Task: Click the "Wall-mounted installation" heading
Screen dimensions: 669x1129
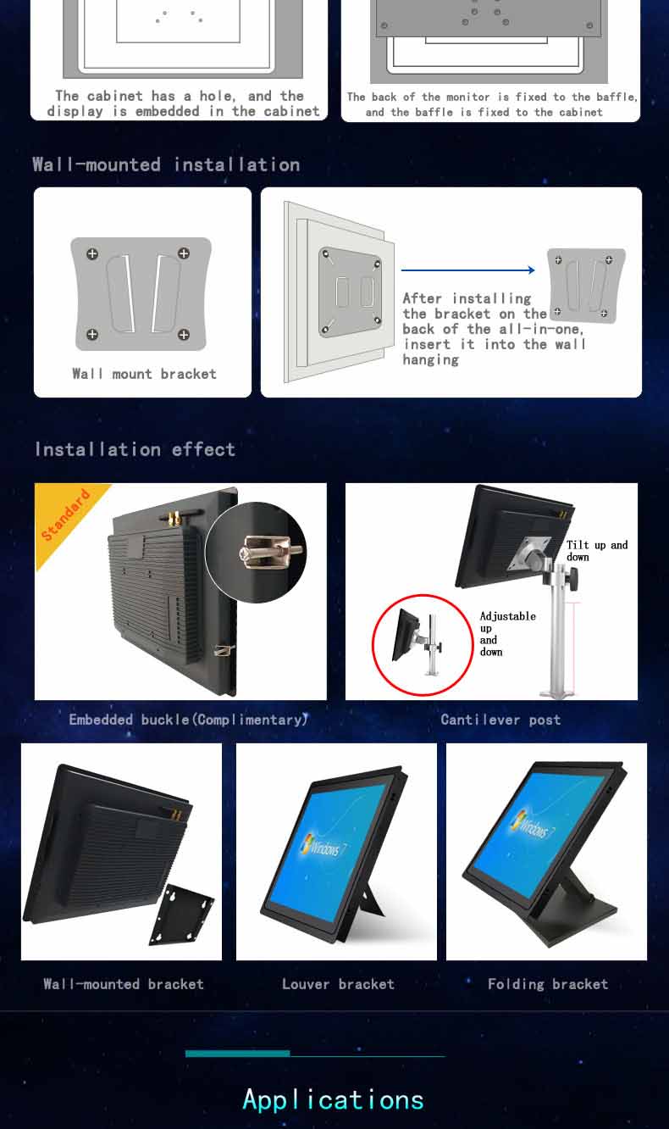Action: tap(166, 164)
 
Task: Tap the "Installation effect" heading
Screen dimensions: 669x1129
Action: tap(135, 449)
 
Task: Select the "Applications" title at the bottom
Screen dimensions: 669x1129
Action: tap(334, 1100)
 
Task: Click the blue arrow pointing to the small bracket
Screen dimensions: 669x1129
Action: tap(467, 270)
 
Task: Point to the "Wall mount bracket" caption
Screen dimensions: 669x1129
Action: tap(145, 374)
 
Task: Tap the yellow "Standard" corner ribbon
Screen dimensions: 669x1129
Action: tap(65, 515)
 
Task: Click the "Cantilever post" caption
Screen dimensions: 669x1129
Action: tap(500, 720)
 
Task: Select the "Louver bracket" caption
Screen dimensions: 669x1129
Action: tap(338, 984)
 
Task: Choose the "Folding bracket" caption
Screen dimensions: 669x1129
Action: tap(548, 984)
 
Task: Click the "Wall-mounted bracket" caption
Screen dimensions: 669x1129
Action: tap(124, 984)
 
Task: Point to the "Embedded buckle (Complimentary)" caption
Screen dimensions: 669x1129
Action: tap(188, 720)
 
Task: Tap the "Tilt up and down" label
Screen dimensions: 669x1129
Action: tap(597, 551)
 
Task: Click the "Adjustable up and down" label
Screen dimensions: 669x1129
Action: tap(507, 633)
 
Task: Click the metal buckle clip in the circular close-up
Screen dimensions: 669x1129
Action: tap(271, 551)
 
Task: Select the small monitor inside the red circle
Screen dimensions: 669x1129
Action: tap(406, 634)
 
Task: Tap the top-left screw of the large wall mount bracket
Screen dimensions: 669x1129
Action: tap(92, 254)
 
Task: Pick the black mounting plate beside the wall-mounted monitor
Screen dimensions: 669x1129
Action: tap(181, 915)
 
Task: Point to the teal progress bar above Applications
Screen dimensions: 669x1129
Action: tap(238, 1054)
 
